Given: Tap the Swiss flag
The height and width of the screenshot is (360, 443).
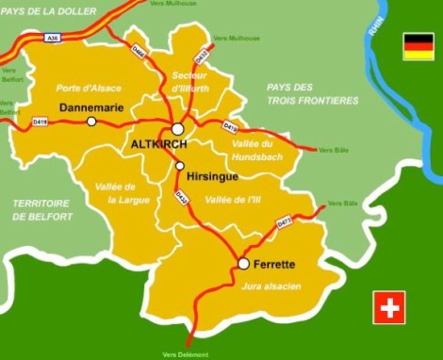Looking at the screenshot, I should pos(388,307).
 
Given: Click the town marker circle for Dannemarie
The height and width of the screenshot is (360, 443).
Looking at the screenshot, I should pos(91,122).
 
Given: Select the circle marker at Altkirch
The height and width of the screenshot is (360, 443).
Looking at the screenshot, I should pos(177,129).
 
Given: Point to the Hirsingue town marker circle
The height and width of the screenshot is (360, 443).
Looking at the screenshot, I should pos(180,166).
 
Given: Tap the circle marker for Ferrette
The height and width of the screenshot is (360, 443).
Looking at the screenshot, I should pos(243,264).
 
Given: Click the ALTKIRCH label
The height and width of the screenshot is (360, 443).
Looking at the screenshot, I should pos(156,144).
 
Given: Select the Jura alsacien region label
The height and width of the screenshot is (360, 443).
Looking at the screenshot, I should pos(271,285).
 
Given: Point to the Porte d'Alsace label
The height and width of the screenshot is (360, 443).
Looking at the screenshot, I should pos(89,88).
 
